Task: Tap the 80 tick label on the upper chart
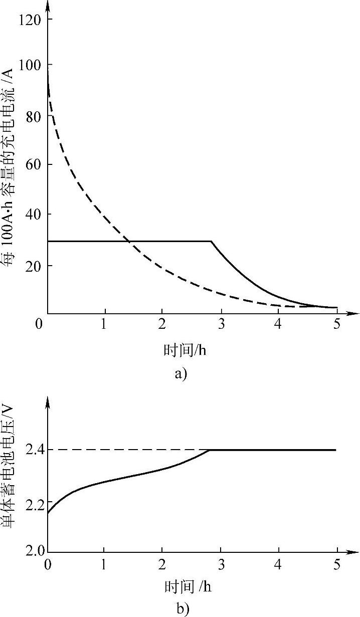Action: pos(32,115)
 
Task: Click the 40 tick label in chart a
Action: pos(32,215)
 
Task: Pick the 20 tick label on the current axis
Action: pos(32,265)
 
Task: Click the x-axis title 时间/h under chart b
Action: pos(185,585)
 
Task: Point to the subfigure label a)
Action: pos(180,374)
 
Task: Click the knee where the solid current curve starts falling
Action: pos(212,242)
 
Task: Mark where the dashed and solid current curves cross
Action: pos(129,242)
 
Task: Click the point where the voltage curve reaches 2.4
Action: pos(210,450)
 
